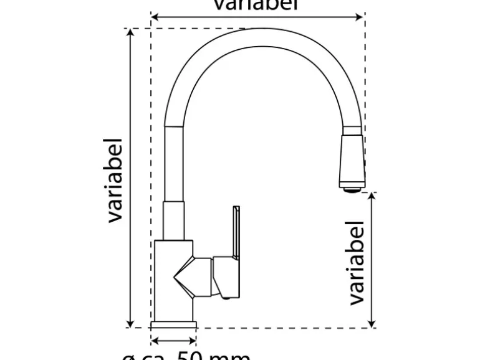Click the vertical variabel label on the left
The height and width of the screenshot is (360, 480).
click(115, 180)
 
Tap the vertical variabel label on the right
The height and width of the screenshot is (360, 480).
click(356, 262)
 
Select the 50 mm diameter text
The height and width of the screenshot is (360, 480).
click(187, 356)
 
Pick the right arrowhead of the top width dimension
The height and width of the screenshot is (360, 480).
click(360, 17)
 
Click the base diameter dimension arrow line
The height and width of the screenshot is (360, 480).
click(174, 341)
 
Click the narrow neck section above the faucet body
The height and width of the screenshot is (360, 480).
click(174, 220)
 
